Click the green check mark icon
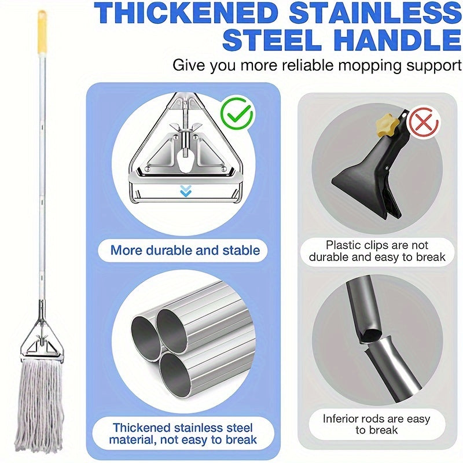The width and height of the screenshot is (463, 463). click(x=236, y=114)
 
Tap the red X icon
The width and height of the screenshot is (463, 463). click(x=424, y=123)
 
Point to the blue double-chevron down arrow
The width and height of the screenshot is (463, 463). click(x=185, y=191)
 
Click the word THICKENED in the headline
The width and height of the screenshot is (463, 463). click(x=186, y=13)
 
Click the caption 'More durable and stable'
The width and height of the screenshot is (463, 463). click(x=185, y=251)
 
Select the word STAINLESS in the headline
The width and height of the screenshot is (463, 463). click(x=374, y=13)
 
